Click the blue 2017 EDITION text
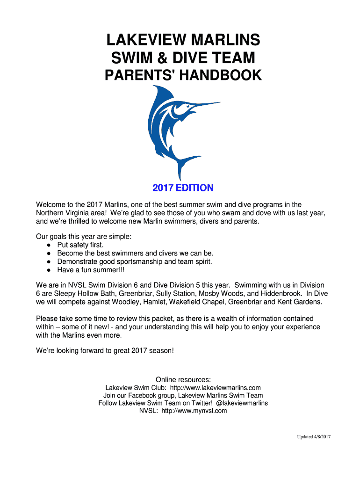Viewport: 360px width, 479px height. [183, 188]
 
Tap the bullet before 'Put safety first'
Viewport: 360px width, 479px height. [49, 245]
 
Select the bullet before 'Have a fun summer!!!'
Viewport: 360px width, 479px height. [49, 270]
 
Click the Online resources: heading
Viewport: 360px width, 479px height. [183, 379]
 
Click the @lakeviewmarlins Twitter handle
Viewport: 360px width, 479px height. [242, 403]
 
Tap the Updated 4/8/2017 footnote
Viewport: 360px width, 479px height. [314, 437]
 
